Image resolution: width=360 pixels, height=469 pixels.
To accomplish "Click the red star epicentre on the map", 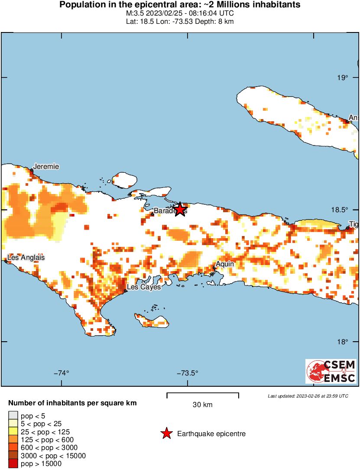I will (180, 209).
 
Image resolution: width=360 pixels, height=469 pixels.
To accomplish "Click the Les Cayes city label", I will (143, 287).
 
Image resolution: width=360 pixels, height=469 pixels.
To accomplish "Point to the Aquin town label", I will (225, 264).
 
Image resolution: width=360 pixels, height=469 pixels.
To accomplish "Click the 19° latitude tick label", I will (344, 78).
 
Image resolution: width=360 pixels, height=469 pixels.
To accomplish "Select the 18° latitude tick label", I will (344, 342).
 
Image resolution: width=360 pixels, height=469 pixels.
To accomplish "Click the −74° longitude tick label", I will (62, 373).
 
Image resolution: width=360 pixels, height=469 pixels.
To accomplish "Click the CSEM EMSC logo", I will (331, 371).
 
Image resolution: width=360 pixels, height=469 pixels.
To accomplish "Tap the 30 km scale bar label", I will (202, 405).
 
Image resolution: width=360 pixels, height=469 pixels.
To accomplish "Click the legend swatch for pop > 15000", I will (13, 464).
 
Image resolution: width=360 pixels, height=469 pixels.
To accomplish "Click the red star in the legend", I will (166, 433).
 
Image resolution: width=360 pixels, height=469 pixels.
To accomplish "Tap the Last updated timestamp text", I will (308, 396).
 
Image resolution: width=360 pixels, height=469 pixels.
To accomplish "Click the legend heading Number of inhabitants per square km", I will (72, 403).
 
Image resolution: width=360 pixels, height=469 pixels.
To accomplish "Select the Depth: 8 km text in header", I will (216, 22).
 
